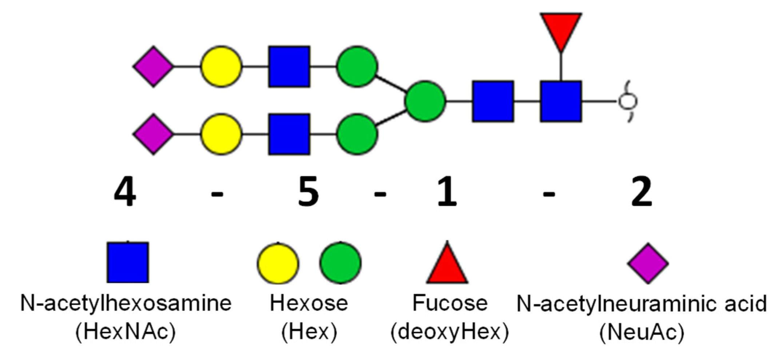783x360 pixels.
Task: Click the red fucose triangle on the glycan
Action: coord(561,30)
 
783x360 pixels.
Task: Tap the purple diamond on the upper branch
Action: coord(153,67)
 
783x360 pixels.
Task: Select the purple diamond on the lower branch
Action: coord(153,134)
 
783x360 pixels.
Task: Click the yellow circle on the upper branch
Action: coord(221,67)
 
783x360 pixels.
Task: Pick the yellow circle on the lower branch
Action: coord(221,134)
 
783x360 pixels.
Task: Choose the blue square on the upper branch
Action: coord(289,67)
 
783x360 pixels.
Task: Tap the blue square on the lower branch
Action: coord(289,134)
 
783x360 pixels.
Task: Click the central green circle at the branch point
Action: coord(425,101)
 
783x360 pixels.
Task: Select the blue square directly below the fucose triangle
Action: coord(561,101)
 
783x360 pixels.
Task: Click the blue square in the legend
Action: coord(128,262)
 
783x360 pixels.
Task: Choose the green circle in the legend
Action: coord(340,262)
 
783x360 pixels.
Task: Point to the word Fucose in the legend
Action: coord(450,303)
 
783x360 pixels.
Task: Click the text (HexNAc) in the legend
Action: coord(126,332)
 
